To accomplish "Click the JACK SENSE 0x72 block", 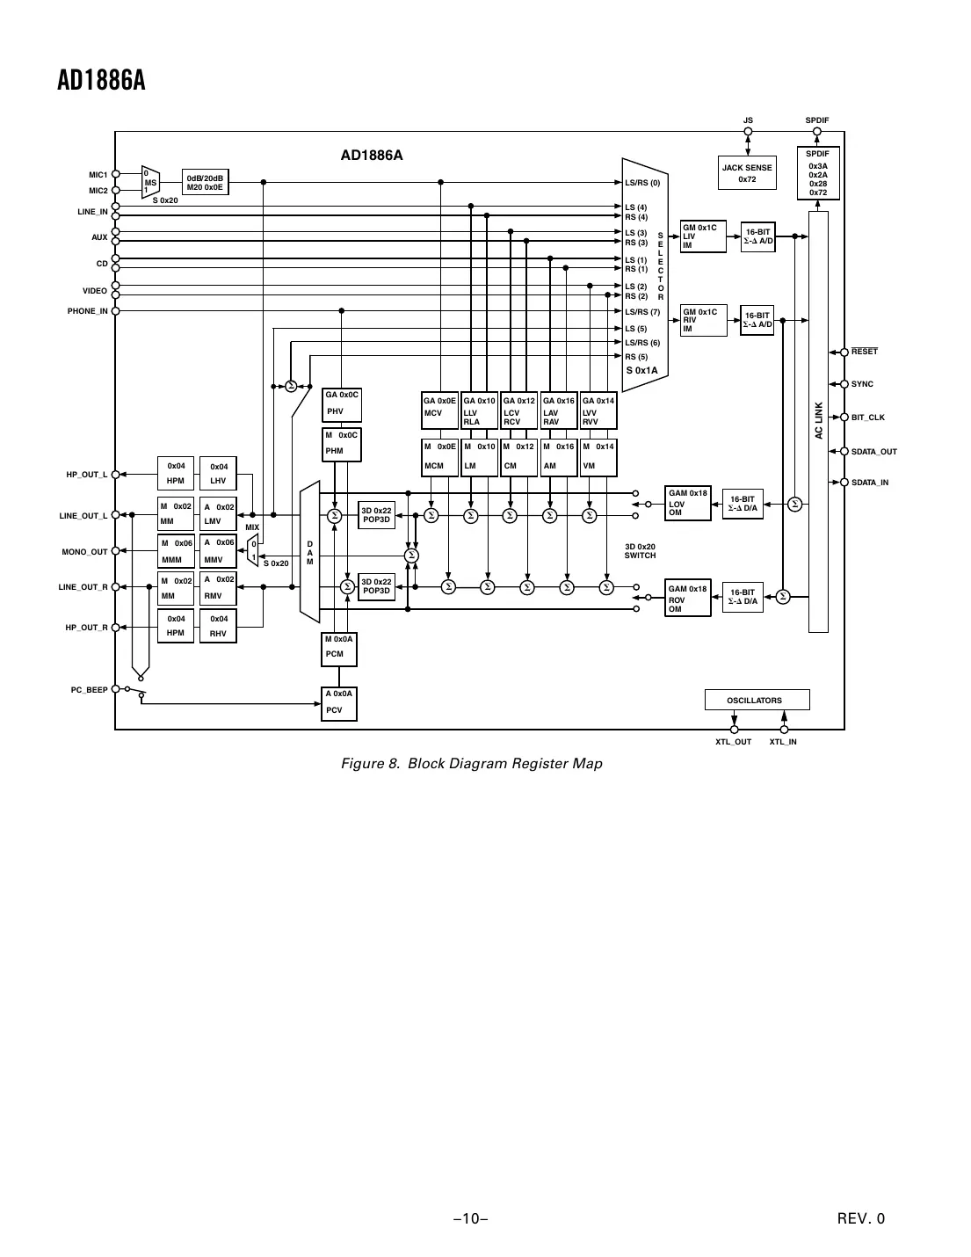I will coord(747,173).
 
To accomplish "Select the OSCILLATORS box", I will coord(757,701).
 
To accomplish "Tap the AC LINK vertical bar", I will coord(818,421).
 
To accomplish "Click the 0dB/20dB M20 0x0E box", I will coord(205,182).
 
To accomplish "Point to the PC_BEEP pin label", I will coord(89,690).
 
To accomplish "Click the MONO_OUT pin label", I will coord(84,552).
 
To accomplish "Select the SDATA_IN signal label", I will coord(870,483).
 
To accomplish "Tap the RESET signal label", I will coord(865,352).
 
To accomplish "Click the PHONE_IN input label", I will coord(88,311).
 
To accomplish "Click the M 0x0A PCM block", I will coord(339,648).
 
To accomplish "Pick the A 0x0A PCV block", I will coord(339,703).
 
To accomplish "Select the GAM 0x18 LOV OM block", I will coord(687,503).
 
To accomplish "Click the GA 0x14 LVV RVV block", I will coord(598,411).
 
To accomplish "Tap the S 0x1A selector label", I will coord(641,371).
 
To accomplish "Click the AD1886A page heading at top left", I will coord(100,81).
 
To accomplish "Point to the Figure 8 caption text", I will coord(471,763).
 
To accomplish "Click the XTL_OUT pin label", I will coord(733,742).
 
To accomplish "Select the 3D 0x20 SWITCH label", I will coord(640,551).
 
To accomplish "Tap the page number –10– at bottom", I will coord(471,1218).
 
